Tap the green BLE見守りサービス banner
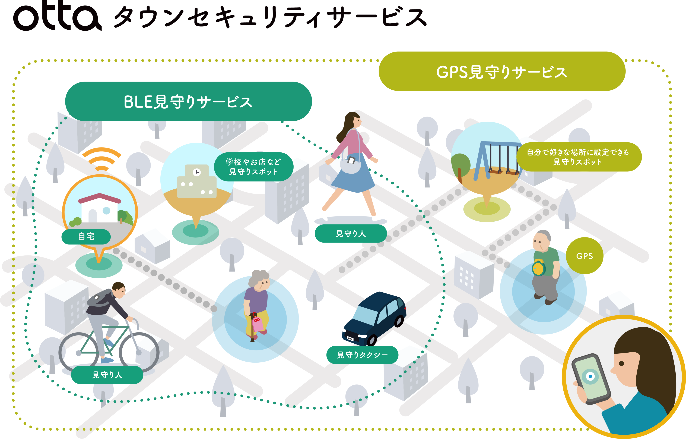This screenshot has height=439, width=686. coord(188,102)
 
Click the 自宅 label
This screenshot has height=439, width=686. coord(86,237)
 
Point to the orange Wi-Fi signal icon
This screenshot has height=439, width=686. coord(101,160)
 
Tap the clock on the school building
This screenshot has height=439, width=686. coord(197,172)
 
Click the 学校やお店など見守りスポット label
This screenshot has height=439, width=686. coord(253,167)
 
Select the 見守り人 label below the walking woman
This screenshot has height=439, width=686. coord(350,233)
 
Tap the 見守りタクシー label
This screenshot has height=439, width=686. coord(362,355)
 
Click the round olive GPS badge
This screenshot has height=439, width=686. coord(584,256)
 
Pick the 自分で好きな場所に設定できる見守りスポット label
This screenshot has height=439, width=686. coord(578,157)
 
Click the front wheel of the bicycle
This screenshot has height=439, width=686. coord(139,352)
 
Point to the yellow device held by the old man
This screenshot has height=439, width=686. coord(538,268)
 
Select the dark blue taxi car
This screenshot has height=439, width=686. coord(375,318)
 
